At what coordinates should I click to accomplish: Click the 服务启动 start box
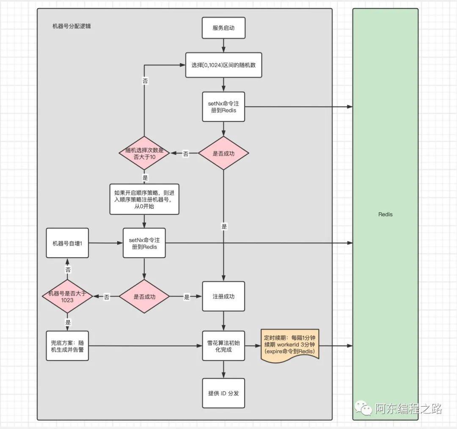tap(223, 28)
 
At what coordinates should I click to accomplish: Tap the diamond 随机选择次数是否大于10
tap(144, 154)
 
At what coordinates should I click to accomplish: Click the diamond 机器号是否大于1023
tap(67, 297)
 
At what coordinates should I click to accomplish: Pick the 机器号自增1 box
tap(67, 243)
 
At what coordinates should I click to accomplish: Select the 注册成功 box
tap(223, 297)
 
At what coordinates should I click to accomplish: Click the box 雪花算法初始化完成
tap(223, 346)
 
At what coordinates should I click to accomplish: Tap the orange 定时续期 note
tap(289, 345)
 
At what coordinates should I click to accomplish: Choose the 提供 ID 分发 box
tap(223, 393)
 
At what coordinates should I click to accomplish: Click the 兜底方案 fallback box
tap(67, 346)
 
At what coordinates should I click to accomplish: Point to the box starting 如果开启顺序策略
tap(144, 199)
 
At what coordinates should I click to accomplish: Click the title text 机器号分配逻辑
tap(71, 26)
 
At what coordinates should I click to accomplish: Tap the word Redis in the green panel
tap(385, 214)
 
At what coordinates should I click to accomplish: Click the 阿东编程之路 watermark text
tap(408, 409)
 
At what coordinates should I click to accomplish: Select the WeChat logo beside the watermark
tap(364, 408)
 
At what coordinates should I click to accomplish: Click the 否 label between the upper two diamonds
tap(185, 154)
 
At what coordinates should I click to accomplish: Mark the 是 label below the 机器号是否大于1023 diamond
tap(68, 322)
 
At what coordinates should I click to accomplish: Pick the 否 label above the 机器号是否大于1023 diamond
tap(68, 269)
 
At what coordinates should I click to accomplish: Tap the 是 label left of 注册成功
tap(187, 297)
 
